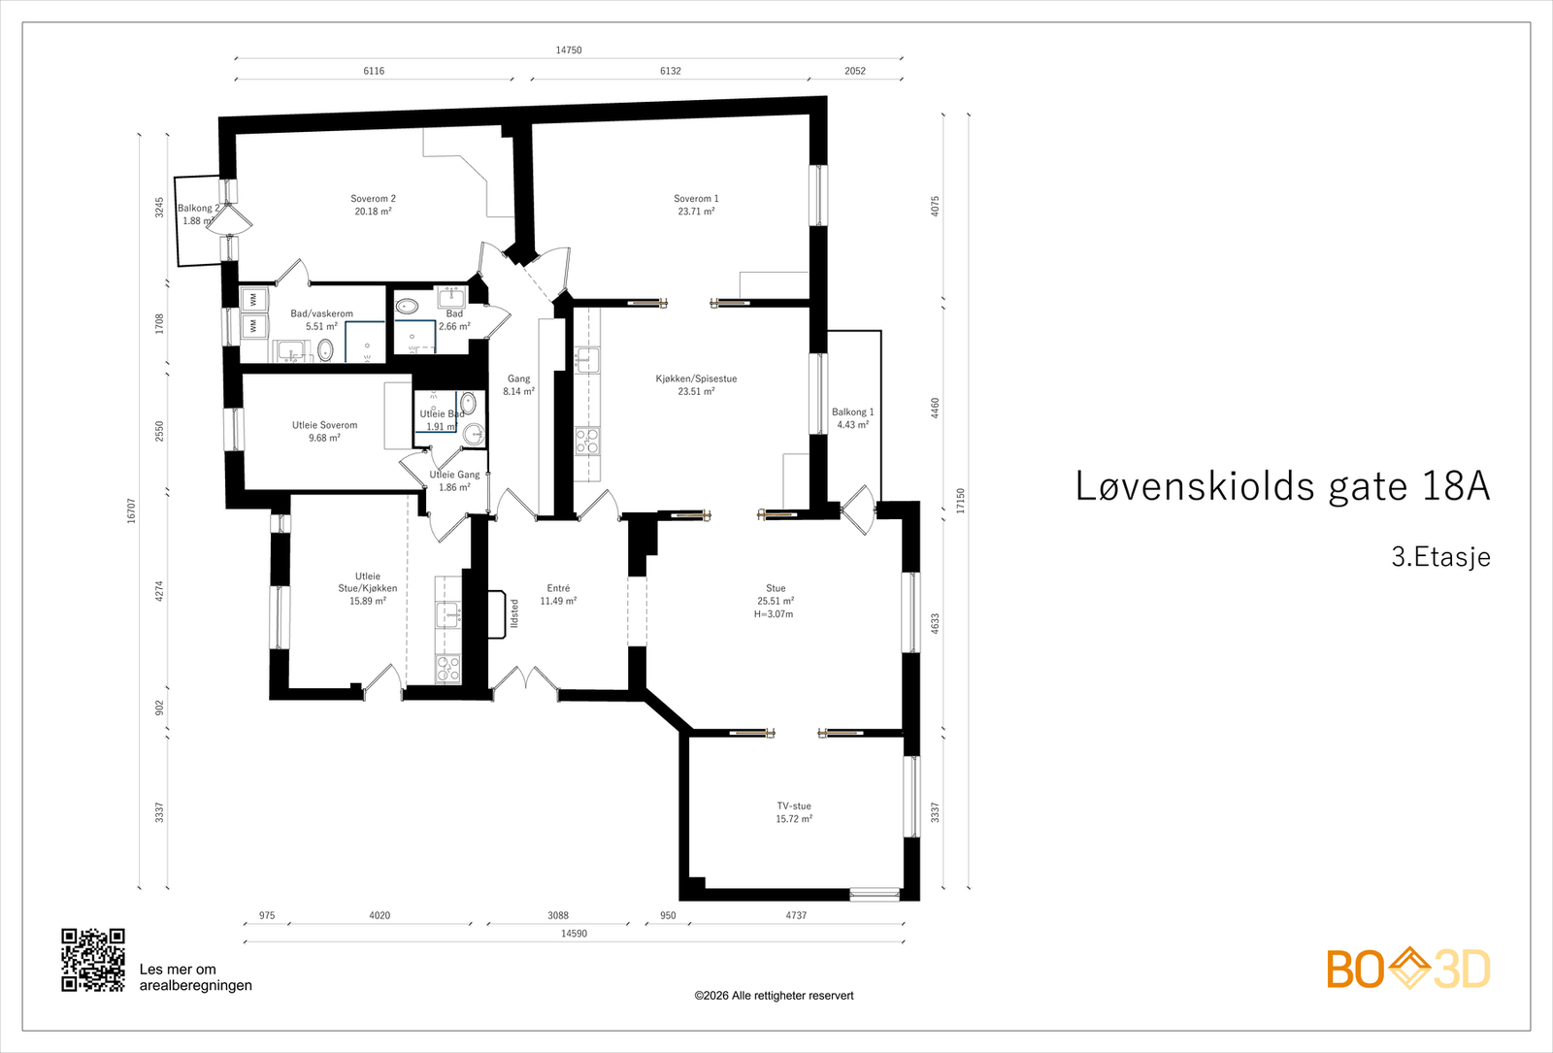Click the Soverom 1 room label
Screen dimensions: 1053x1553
click(696, 198)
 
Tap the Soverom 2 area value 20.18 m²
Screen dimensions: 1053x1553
click(373, 212)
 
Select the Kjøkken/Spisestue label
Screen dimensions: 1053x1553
click(696, 378)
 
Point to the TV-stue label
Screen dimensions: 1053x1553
click(793, 806)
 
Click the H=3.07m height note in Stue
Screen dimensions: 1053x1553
click(774, 614)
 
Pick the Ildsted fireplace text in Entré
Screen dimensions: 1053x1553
click(514, 613)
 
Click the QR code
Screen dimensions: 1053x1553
click(93, 960)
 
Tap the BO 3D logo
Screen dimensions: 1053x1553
click(1407, 969)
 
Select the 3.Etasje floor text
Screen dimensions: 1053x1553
click(1440, 557)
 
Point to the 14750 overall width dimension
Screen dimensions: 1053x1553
click(569, 49)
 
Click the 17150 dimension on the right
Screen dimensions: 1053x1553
click(961, 501)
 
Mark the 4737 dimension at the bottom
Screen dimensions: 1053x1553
click(796, 915)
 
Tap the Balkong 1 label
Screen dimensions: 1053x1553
click(852, 411)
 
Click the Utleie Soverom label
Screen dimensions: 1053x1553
click(324, 425)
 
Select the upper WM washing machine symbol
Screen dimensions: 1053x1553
click(253, 299)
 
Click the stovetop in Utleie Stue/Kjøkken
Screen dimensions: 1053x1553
click(447, 668)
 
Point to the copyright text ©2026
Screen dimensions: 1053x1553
click(774, 996)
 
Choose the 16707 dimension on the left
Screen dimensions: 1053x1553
click(131, 510)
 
